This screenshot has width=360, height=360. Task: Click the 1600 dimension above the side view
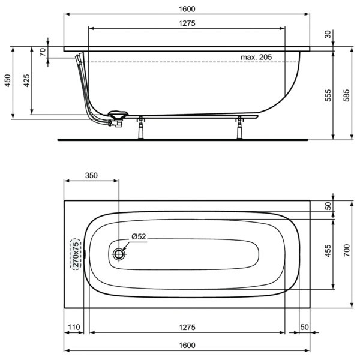click(x=187, y=9)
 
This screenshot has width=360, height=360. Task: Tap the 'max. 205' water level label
click(x=257, y=57)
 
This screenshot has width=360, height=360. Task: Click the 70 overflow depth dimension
click(x=43, y=52)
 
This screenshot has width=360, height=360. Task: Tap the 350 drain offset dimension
click(x=91, y=176)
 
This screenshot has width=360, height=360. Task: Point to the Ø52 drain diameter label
click(x=138, y=237)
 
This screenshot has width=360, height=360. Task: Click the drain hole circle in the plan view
click(x=119, y=254)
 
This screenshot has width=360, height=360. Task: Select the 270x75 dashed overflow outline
click(x=76, y=254)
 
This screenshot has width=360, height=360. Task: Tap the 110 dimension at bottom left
click(x=74, y=327)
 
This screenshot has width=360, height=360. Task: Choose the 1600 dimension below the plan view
click(x=187, y=345)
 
